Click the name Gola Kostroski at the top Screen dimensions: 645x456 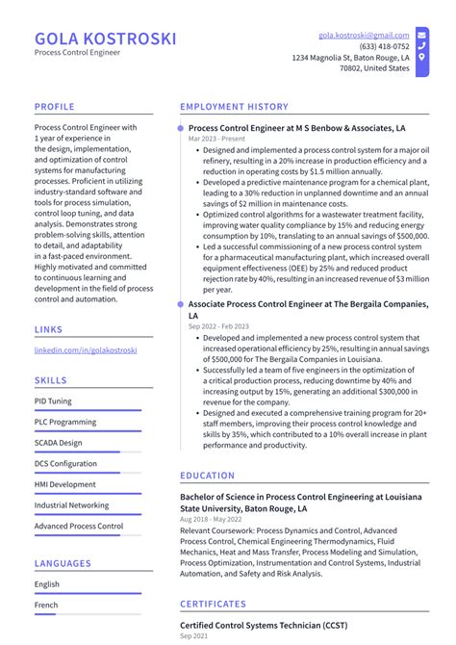click(x=106, y=39)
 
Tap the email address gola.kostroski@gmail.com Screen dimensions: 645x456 click(x=364, y=35)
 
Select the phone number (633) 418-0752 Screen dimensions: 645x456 click(x=384, y=46)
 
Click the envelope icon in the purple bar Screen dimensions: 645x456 click(x=421, y=35)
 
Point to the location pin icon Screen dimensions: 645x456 click(x=421, y=57)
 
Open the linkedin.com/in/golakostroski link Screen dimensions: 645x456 click(x=86, y=350)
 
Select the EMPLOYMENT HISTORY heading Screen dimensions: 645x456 click(x=234, y=107)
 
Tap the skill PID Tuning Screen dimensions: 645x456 click(x=53, y=400)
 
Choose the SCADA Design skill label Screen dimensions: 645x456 click(x=58, y=443)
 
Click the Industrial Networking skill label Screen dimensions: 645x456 click(x=71, y=505)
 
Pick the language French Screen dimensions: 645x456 click(x=47, y=606)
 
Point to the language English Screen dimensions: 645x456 click(x=47, y=584)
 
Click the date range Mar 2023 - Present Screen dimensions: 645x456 click(x=216, y=139)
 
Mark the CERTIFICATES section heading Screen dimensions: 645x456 click(x=214, y=605)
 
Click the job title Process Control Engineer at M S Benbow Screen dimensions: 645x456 click(x=296, y=127)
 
